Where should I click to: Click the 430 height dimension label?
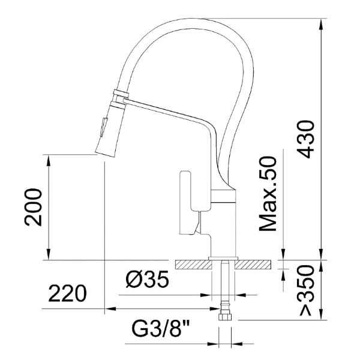click(305, 139)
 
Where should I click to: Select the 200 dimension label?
click(34, 208)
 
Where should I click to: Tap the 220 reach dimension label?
click(67, 293)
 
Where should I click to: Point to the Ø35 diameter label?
click(148, 279)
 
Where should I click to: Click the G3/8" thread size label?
click(161, 329)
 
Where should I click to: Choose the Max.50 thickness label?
click(268, 194)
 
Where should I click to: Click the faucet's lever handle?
click(185, 203)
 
